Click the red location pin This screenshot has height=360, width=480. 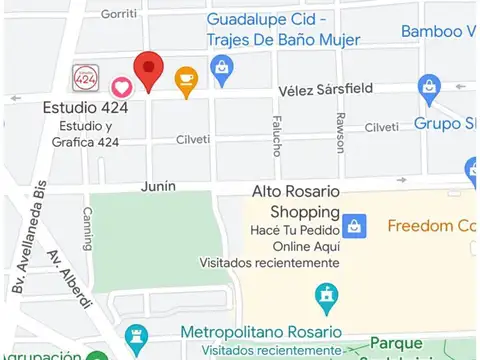click(x=149, y=70)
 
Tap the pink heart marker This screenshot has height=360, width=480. click(x=120, y=87)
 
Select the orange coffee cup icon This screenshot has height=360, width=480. click(x=186, y=79)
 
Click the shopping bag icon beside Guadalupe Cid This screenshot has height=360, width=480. click(x=222, y=67)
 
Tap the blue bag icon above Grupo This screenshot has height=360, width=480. click(x=430, y=87)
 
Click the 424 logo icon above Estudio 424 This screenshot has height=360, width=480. click(x=86, y=76)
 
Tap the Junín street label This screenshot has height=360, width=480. click(x=158, y=185)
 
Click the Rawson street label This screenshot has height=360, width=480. click(x=339, y=131)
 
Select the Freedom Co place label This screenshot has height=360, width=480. click(x=431, y=225)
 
